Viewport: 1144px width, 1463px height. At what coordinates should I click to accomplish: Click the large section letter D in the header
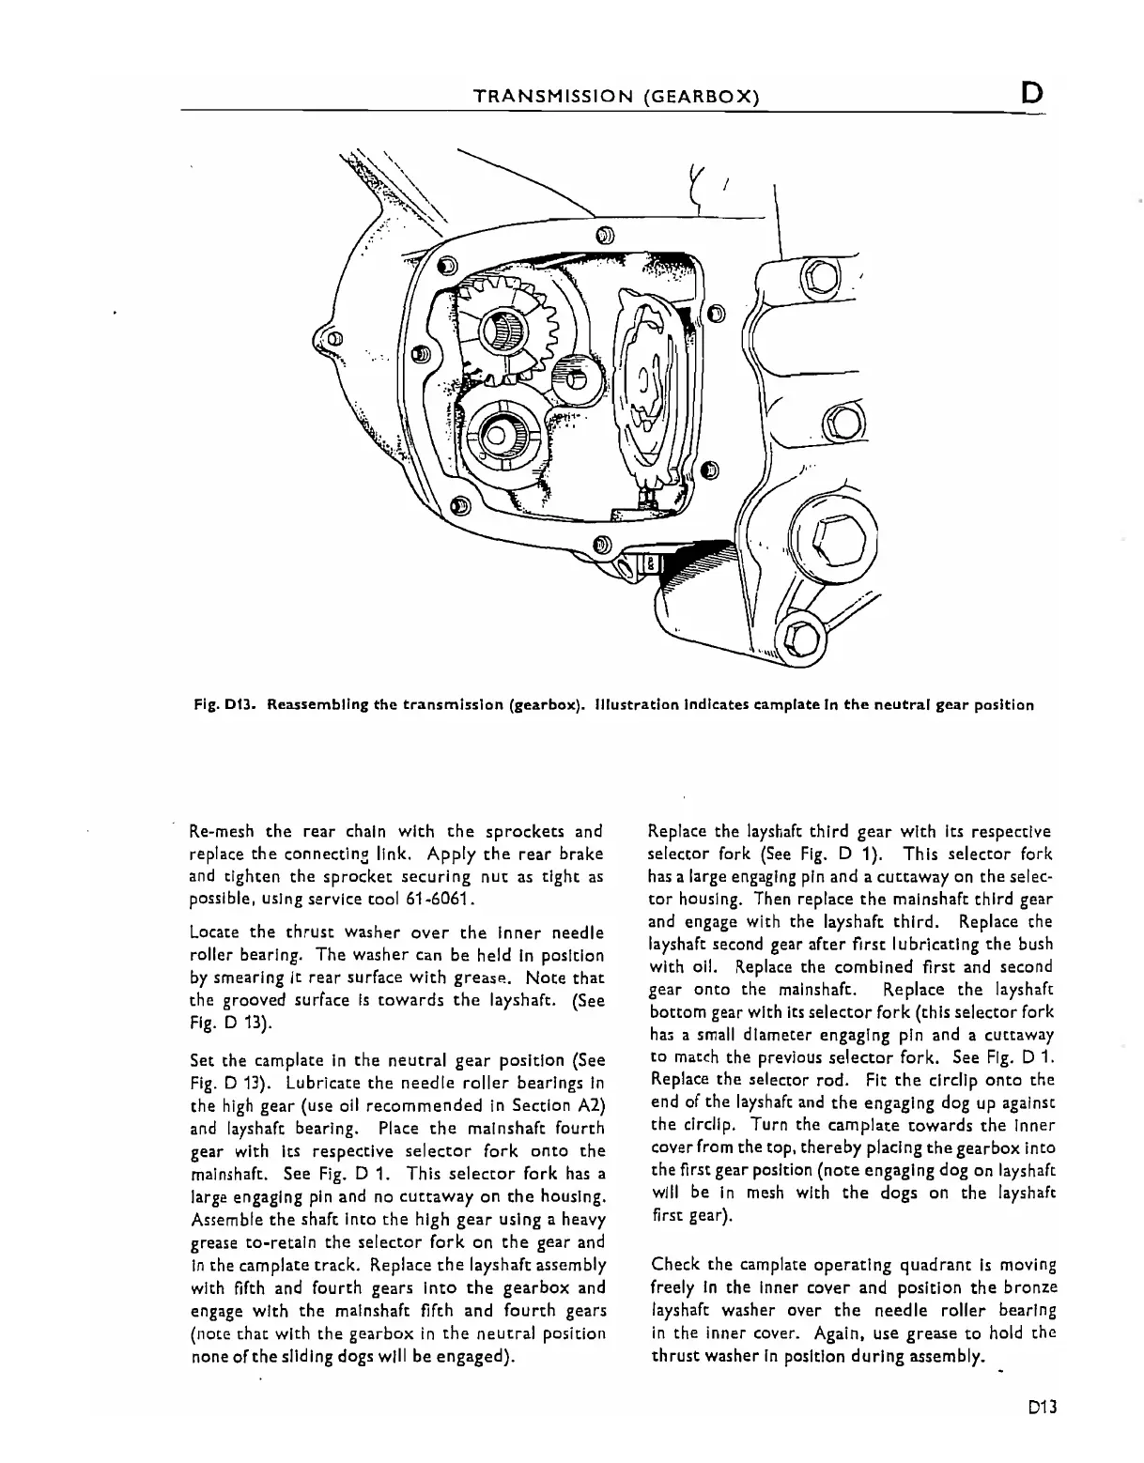[1030, 94]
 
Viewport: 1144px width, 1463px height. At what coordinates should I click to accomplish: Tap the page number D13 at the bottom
[1043, 1408]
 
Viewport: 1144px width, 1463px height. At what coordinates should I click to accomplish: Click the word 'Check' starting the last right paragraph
[673, 1264]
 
